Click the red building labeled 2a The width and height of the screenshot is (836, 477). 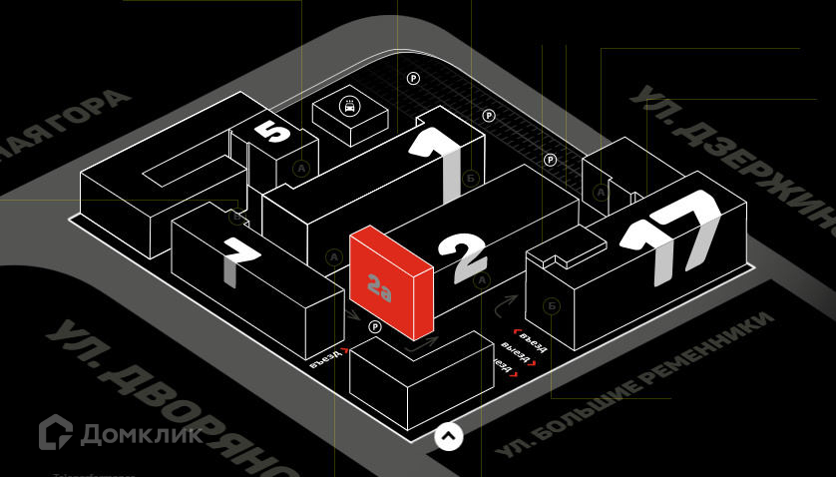[x=390, y=282]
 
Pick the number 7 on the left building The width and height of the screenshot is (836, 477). [x=239, y=261]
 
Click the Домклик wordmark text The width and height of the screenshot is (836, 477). [x=141, y=433]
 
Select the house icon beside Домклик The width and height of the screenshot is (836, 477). [x=56, y=432]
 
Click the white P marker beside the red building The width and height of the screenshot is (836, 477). [x=375, y=327]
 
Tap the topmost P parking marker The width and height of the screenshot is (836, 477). [x=412, y=78]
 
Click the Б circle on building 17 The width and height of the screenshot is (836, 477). [x=552, y=304]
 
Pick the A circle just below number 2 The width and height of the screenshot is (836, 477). [x=483, y=281]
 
